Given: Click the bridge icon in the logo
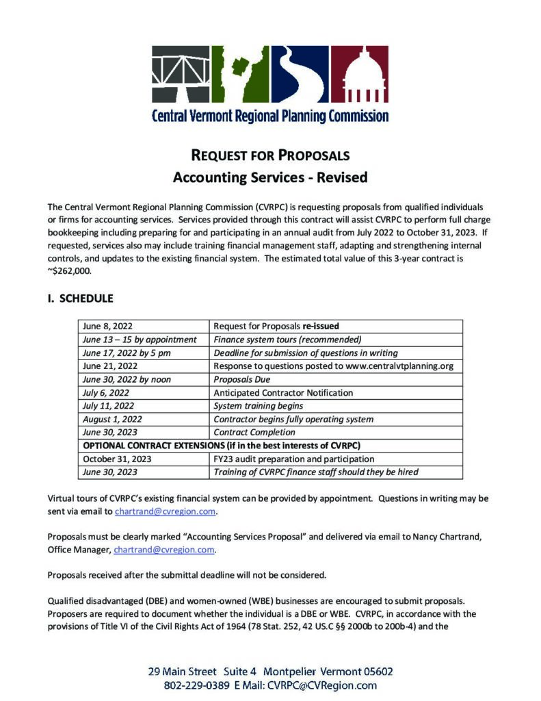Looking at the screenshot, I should tap(181, 73).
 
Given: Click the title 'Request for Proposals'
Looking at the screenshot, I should tap(270, 155).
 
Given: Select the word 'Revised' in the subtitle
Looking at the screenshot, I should tap(341, 177).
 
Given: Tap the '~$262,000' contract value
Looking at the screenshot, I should tap(70, 270).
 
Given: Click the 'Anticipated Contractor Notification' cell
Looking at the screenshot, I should tap(283, 393).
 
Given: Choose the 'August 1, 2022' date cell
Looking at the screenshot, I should tap(112, 419).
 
